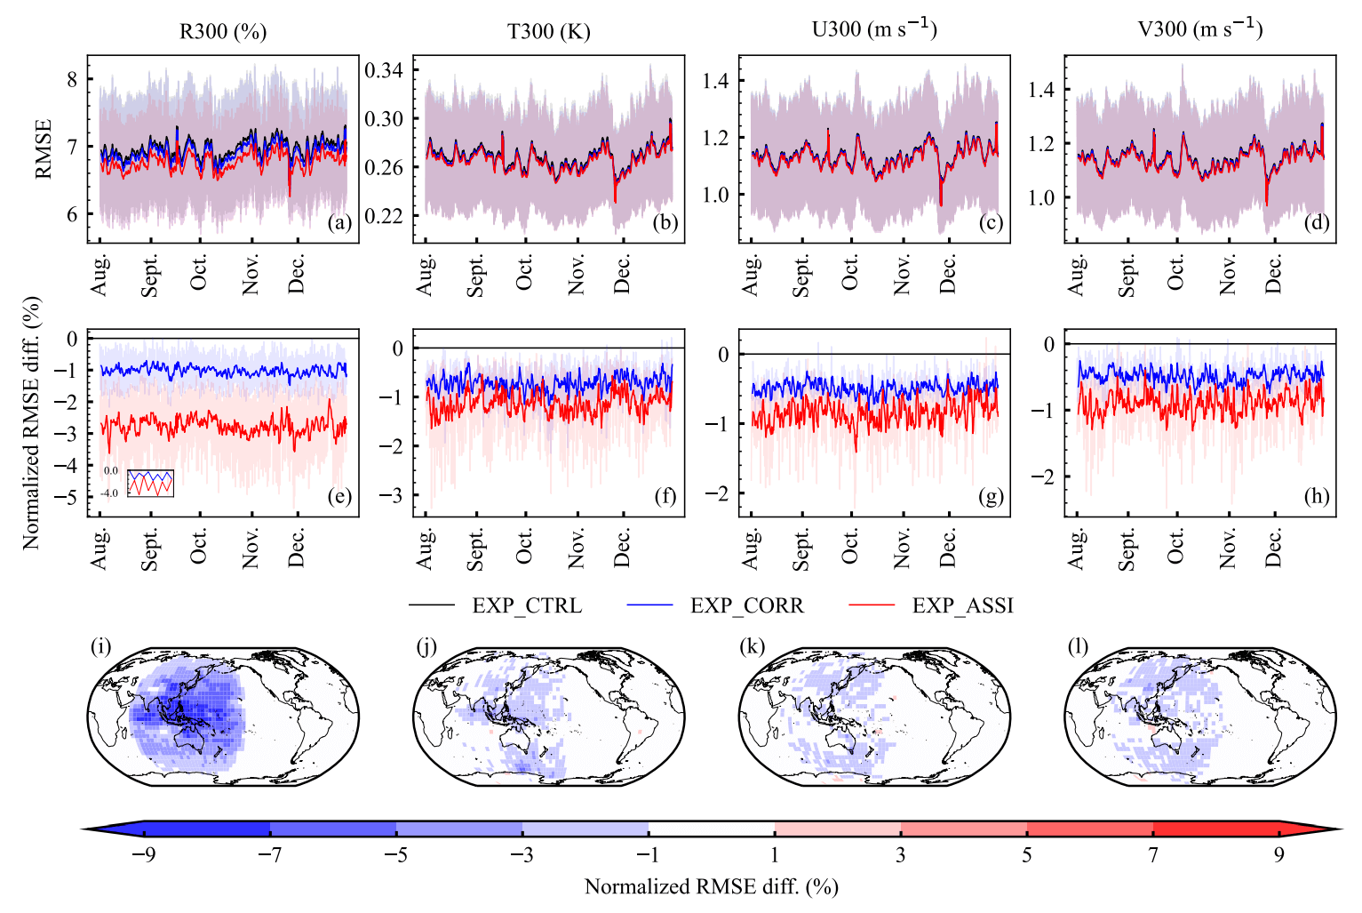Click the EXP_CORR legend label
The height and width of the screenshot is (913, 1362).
(746, 606)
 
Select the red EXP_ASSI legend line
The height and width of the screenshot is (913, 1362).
(872, 606)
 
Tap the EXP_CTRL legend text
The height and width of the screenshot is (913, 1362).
(527, 606)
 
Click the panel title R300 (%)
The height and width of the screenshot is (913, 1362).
(223, 31)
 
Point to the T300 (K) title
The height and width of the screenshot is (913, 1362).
(548, 31)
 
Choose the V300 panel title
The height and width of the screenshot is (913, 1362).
(1199, 29)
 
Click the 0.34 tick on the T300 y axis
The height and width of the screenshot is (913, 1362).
(384, 70)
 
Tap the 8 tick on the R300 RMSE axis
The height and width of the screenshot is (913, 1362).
(72, 79)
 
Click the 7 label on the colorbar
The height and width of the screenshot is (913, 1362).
(1152, 855)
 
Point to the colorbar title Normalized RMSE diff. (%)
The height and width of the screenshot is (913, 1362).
(711, 886)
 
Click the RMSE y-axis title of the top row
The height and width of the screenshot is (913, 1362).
(44, 148)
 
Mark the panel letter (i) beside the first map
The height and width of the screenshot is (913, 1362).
(100, 646)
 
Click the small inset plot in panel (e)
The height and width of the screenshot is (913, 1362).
(150, 483)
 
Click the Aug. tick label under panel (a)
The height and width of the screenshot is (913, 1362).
(100, 275)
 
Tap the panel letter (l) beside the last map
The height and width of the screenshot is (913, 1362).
(1078, 646)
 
